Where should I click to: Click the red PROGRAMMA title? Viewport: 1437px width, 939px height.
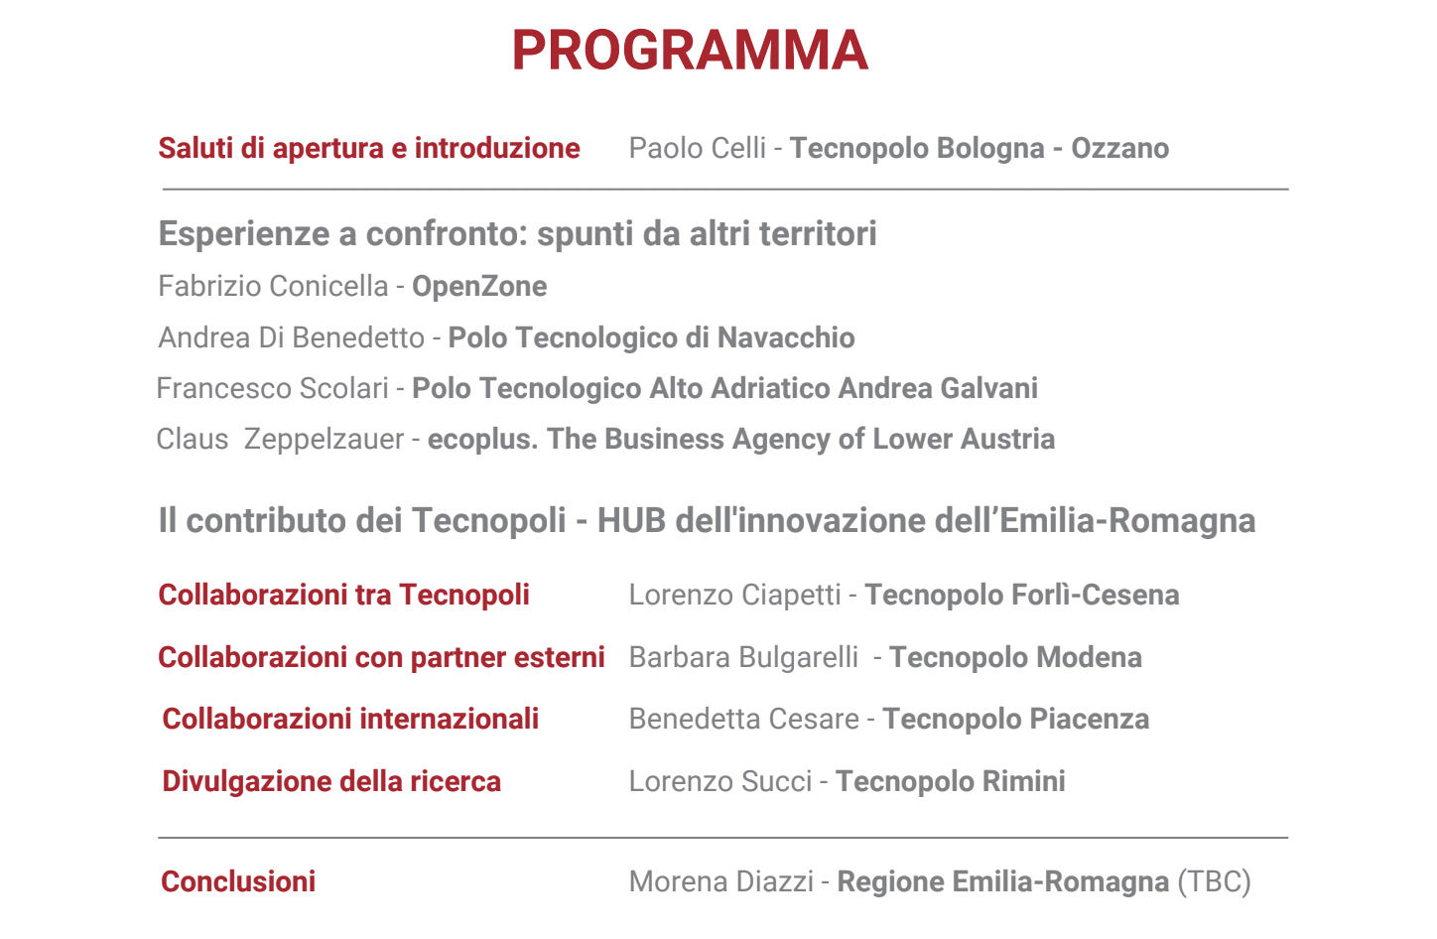click(x=690, y=50)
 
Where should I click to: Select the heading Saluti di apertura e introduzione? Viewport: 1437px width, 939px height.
click(x=369, y=148)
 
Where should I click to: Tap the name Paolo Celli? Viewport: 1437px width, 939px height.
click(x=698, y=148)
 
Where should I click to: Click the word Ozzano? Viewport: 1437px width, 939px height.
click(x=1120, y=148)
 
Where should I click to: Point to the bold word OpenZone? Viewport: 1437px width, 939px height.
click(x=479, y=287)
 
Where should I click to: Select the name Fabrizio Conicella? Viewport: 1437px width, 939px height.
click(x=273, y=286)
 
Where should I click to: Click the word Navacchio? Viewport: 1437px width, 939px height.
click(x=786, y=337)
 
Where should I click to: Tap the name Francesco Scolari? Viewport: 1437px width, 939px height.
click(x=273, y=388)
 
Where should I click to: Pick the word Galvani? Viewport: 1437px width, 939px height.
click(x=988, y=388)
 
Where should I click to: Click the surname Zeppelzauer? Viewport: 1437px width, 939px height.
click(x=324, y=440)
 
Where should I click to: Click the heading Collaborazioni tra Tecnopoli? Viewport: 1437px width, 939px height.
click(x=343, y=595)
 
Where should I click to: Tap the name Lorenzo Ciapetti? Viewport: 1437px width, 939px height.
click(x=734, y=595)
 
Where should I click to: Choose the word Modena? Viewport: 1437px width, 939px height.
click(x=1090, y=657)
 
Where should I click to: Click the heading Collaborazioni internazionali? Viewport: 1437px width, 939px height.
click(x=350, y=719)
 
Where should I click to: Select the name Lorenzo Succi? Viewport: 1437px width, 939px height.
click(x=720, y=782)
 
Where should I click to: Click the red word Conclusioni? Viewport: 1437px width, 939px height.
click(x=238, y=881)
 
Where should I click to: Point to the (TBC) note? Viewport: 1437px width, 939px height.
click(x=1214, y=881)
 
